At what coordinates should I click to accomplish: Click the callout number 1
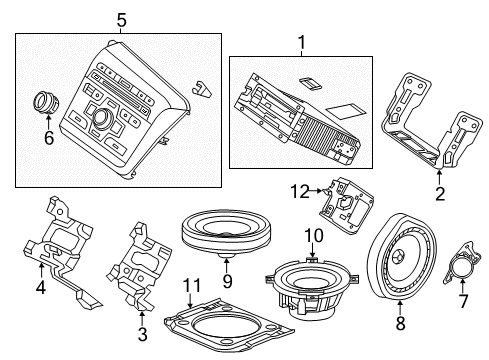click(x=298, y=44)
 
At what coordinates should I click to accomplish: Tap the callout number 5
click(x=120, y=19)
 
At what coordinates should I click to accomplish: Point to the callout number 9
click(x=227, y=281)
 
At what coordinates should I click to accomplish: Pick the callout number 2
click(x=439, y=194)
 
